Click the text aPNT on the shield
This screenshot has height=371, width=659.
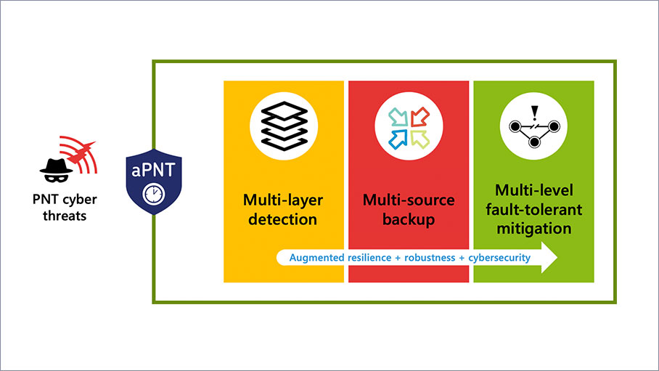click(152, 171)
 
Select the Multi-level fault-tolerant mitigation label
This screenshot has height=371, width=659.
click(533, 209)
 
